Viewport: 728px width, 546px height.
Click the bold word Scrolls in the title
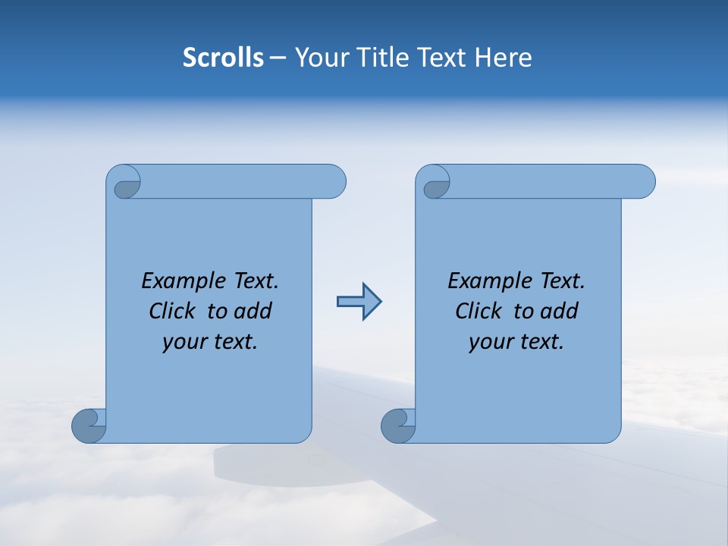coord(223,58)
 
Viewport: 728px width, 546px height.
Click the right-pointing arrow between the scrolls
coord(359,302)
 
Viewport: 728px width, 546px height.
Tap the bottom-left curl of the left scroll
coord(88,425)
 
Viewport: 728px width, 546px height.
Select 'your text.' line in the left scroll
coord(210,342)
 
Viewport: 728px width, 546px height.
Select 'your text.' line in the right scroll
coord(516,342)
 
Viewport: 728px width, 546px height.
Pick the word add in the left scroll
coord(253,311)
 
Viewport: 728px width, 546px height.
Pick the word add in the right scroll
coord(560,311)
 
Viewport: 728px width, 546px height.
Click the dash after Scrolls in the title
coord(278,58)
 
